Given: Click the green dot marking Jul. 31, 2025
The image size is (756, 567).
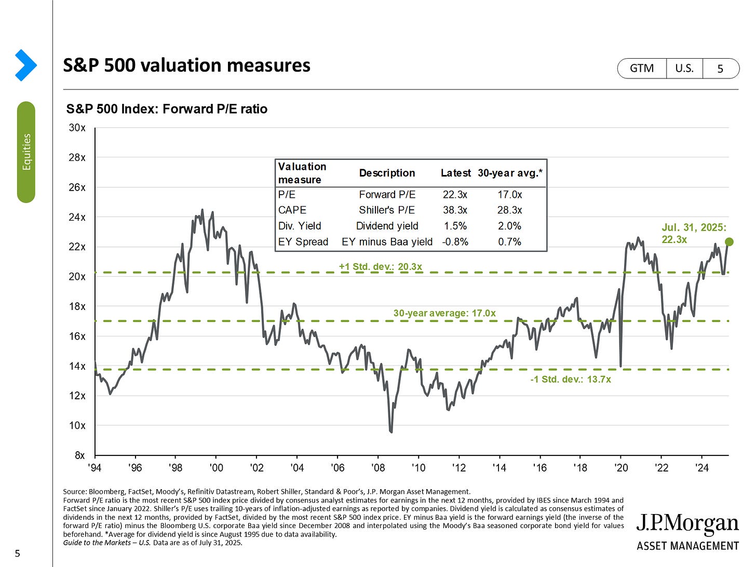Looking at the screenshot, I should (x=728, y=241).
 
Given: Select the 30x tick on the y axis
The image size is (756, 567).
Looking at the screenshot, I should (x=77, y=128).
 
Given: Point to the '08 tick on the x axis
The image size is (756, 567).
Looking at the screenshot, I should (x=378, y=468).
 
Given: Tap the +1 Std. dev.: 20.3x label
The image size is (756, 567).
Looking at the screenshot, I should (x=380, y=266).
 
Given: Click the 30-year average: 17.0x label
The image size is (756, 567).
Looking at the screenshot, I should (x=444, y=313).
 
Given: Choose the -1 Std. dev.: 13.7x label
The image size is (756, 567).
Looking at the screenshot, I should (x=570, y=379).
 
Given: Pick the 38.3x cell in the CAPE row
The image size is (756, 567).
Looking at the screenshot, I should (x=455, y=210).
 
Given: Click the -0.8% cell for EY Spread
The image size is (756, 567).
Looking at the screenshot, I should (x=455, y=241).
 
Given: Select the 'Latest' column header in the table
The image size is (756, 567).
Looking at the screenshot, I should (x=455, y=173).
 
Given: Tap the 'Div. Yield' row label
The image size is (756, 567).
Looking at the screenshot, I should (x=300, y=226).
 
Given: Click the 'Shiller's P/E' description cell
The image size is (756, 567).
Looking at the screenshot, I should (x=387, y=210).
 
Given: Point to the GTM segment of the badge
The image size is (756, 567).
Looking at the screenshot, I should (x=642, y=69).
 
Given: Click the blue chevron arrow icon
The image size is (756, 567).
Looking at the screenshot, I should (x=25, y=65).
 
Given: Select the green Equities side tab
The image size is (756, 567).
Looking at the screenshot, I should (x=26, y=152).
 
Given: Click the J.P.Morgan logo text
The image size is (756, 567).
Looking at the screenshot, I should (x=687, y=524).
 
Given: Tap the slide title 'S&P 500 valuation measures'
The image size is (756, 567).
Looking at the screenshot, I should (x=186, y=65).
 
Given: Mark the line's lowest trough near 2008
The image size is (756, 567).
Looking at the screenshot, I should (x=390, y=431).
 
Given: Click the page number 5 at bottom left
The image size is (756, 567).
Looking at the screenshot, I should (x=17, y=553).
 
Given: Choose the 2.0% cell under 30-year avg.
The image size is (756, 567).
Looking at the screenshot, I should (x=509, y=226).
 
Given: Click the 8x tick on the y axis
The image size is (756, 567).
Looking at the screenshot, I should (x=79, y=455).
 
